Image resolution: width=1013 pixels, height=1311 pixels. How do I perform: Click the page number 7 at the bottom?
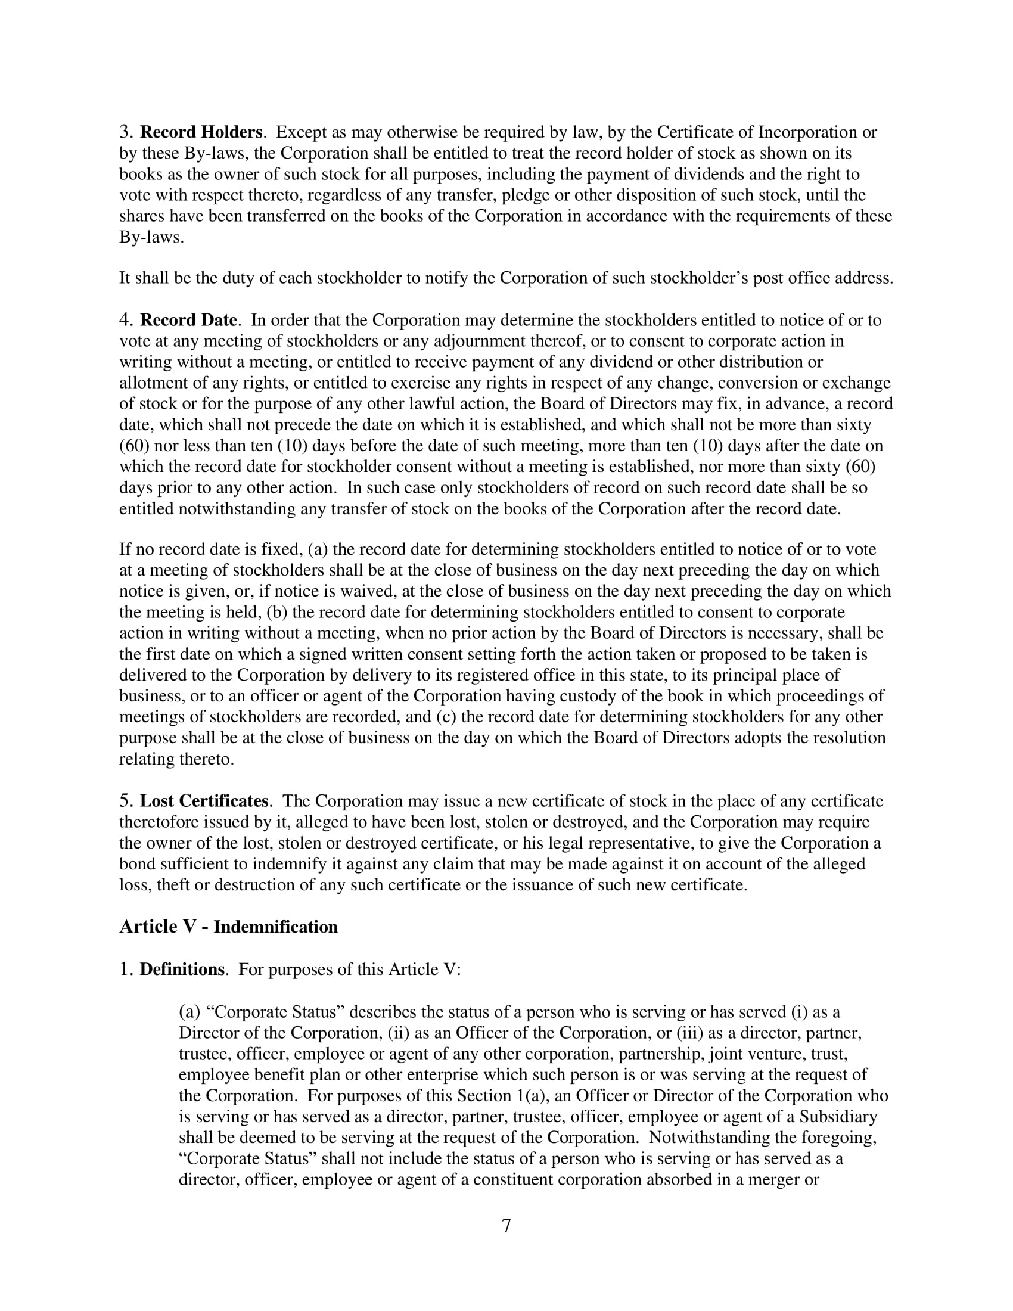point(506,1225)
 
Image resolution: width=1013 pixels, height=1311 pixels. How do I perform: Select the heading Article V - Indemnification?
point(228,927)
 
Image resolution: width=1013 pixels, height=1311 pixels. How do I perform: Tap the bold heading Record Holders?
point(201,132)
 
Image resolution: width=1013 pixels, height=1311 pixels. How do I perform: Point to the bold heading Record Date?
point(188,320)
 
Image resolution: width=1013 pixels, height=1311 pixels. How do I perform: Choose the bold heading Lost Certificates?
point(204,801)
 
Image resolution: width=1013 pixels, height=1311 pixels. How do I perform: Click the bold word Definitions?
point(182,970)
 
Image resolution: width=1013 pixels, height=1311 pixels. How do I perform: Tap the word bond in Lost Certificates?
point(136,864)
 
